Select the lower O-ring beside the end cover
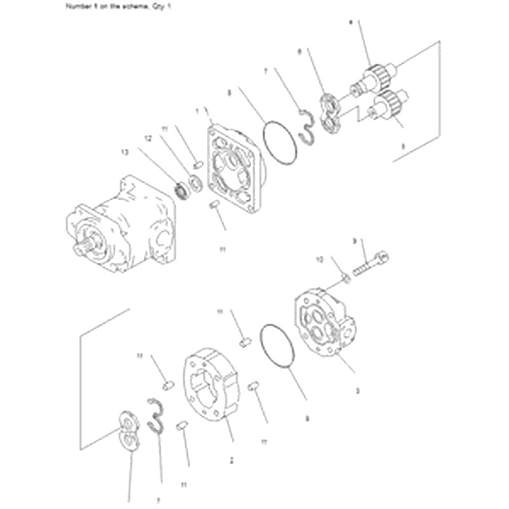[278, 350]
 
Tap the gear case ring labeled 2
[210, 382]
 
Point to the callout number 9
[354, 241]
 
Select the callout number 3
[357, 391]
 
